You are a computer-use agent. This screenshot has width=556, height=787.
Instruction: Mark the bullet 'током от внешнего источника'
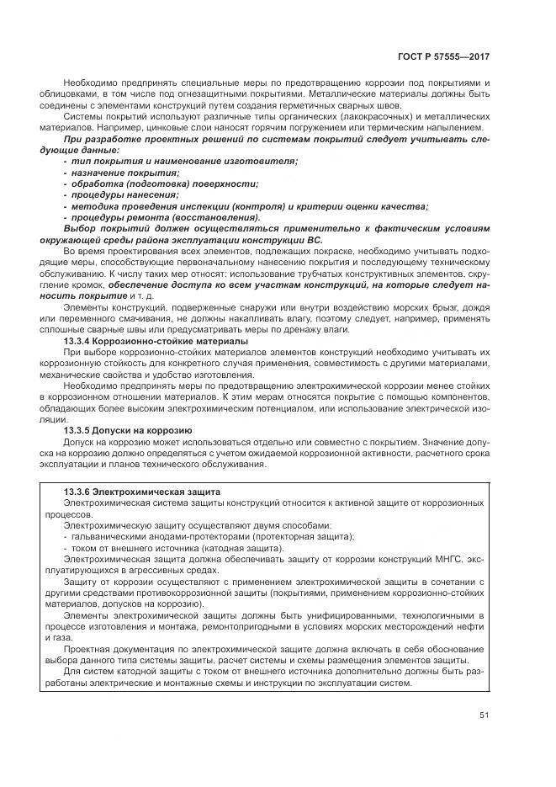click(x=156, y=546)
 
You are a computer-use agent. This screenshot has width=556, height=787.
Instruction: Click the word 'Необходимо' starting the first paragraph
click(x=89, y=83)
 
